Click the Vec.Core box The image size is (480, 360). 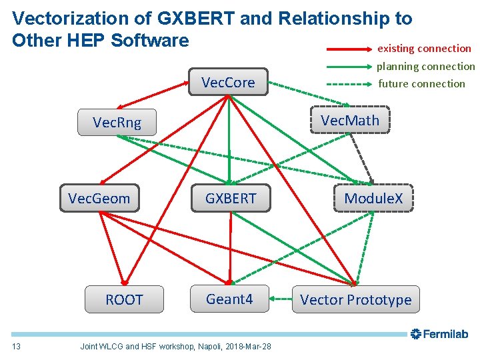[x=228, y=82]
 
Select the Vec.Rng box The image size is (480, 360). [x=117, y=122]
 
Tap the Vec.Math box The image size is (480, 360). [x=349, y=120]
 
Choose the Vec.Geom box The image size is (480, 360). [x=99, y=198]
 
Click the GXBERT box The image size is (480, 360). [x=230, y=198]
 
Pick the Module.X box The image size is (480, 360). [x=373, y=198]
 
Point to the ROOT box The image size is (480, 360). [x=124, y=299]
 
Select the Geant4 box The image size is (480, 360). [x=229, y=299]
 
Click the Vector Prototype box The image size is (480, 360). [x=355, y=299]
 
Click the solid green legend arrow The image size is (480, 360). [x=349, y=67]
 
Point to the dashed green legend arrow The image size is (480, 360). [x=349, y=84]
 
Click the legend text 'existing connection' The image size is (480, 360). [x=424, y=48]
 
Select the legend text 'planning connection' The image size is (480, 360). [x=425, y=66]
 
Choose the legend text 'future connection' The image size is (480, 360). [x=421, y=83]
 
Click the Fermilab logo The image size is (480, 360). [x=439, y=334]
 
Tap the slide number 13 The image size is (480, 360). [x=17, y=346]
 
